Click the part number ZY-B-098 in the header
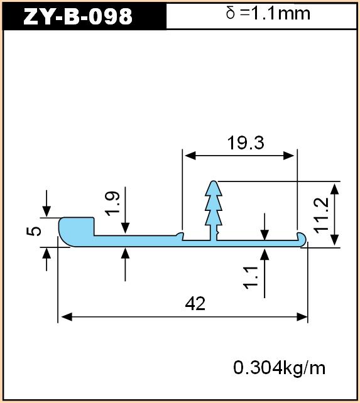point(78,16)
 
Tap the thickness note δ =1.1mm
point(268,13)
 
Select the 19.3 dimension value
point(246,143)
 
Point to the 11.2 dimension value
point(322,216)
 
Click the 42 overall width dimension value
point(195,304)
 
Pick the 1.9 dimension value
point(112,203)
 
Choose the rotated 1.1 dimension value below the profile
point(251,278)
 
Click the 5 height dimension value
point(34,230)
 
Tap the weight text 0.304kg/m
point(279,368)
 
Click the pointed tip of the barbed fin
point(214,181)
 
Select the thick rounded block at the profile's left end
point(77,231)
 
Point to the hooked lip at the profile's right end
point(301,238)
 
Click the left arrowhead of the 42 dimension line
point(67,317)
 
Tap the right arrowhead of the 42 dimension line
point(302,317)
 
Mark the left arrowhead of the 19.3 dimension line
point(190,156)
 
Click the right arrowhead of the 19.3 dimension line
point(289,156)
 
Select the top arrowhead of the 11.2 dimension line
point(334,189)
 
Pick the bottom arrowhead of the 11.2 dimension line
point(334,240)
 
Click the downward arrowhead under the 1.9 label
point(125,228)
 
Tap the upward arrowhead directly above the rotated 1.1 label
point(265,254)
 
